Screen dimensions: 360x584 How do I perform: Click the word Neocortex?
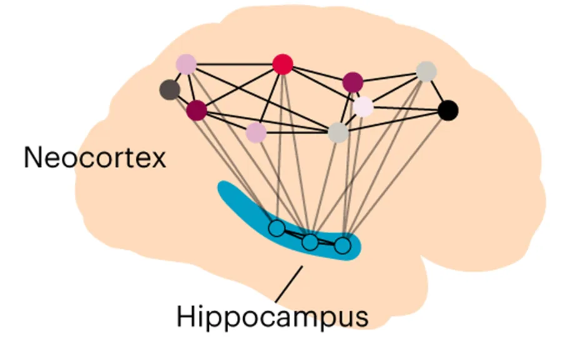click(x=95, y=157)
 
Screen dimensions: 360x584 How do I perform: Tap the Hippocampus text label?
click(x=272, y=316)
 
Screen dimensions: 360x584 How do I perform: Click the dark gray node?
click(x=169, y=90)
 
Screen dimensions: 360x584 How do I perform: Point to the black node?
click(x=448, y=111)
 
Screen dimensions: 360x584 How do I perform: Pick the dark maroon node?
click(x=196, y=110)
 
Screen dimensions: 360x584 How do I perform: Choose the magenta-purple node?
click(x=353, y=81)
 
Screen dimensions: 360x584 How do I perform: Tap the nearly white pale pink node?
click(x=363, y=107)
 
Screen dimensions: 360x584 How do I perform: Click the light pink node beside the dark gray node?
click(x=186, y=64)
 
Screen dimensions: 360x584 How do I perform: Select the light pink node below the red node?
click(x=256, y=132)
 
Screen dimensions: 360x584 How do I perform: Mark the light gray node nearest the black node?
click(x=426, y=71)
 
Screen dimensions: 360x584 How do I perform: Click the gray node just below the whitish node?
click(x=338, y=132)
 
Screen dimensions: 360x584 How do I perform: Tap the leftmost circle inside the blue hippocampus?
click(x=276, y=229)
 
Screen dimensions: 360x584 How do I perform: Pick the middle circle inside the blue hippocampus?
click(x=310, y=242)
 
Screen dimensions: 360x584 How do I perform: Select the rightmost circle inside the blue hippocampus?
click(x=342, y=246)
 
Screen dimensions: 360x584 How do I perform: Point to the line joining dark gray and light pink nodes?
click(x=178, y=77)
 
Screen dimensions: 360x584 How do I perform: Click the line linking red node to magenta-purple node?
click(x=318, y=72)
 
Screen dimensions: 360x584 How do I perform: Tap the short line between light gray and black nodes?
click(x=436, y=91)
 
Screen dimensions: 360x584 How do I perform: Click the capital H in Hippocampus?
click(x=186, y=316)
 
